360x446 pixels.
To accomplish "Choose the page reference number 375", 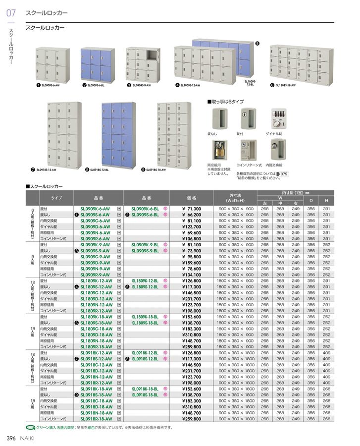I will pyautogui.click(x=284, y=174).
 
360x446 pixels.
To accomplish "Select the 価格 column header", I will pyautogui.click(x=191, y=197).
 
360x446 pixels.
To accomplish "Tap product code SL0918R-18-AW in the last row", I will pyautogui.click(x=95, y=419).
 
